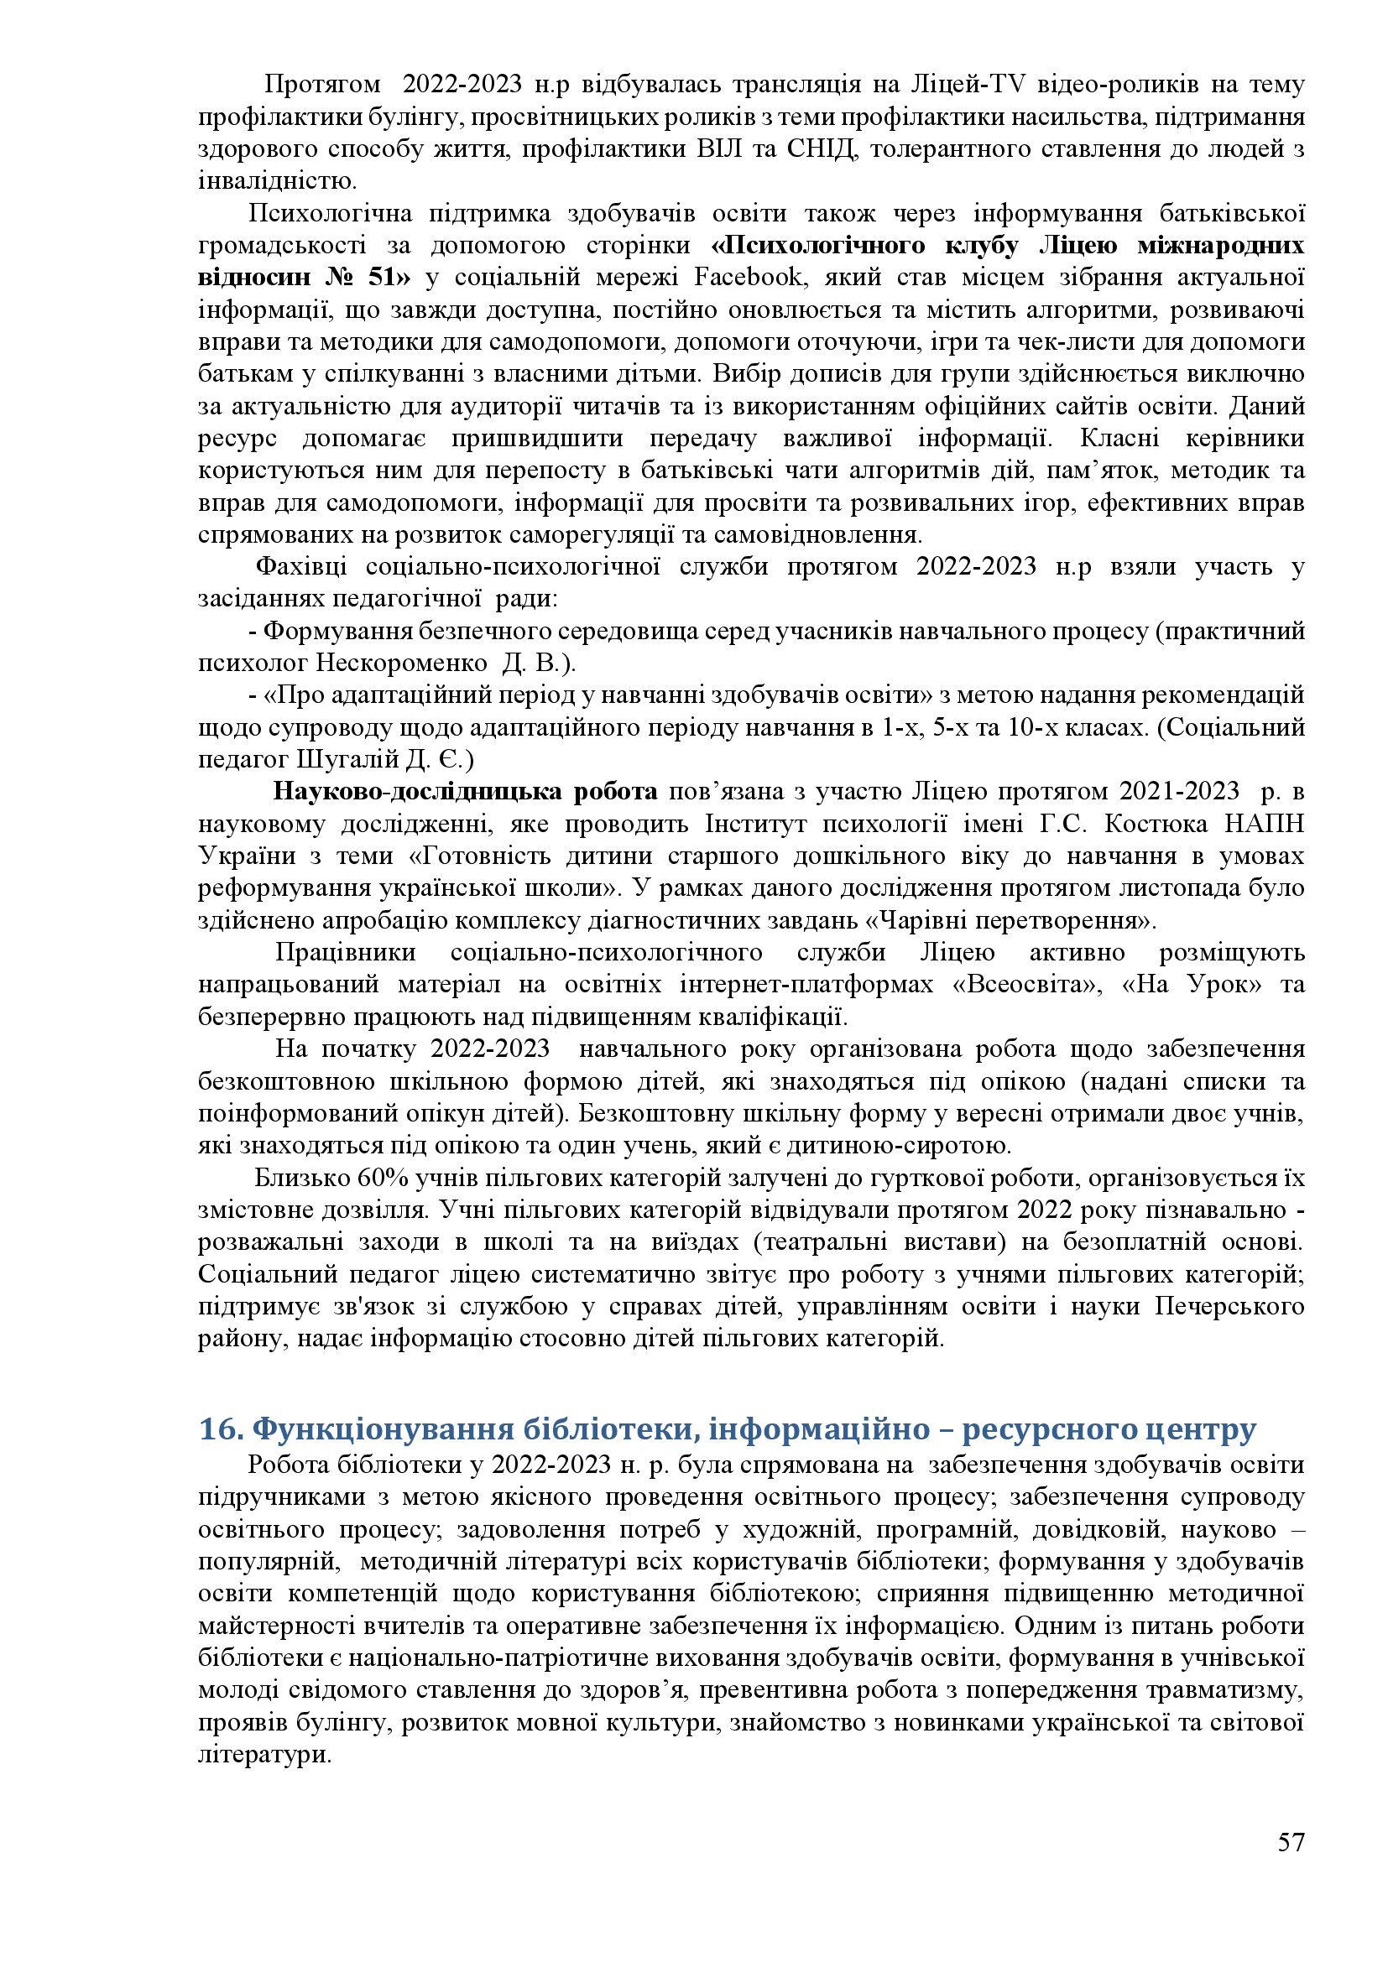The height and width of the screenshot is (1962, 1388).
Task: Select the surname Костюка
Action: click(x=1150, y=824)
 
